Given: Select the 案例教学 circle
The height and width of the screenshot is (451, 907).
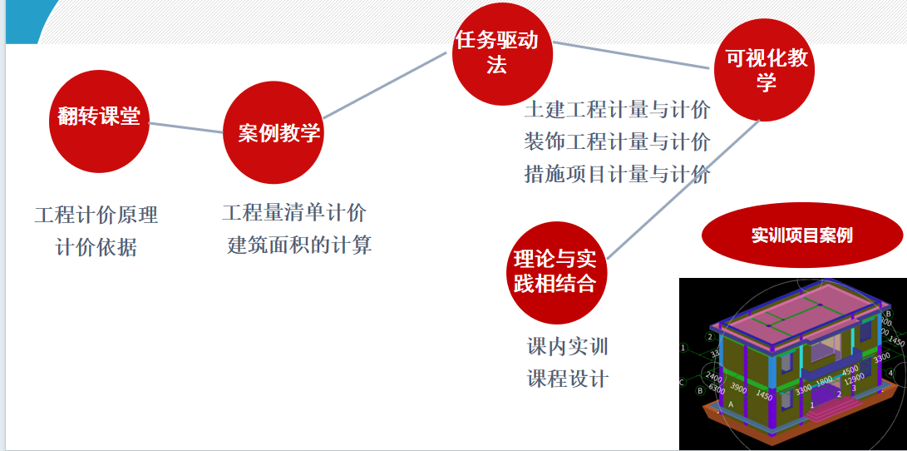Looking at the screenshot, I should pos(273,132).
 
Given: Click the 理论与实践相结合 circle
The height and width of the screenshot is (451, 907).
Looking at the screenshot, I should pos(555,272).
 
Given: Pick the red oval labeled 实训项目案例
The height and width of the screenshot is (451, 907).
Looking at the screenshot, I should pos(802,235).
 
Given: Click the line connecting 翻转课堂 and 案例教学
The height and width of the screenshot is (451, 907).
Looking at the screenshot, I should pos(186,127).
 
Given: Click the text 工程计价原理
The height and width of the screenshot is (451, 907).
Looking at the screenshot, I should pos(96,215).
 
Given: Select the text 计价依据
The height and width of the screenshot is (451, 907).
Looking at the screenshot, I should pos(96,248).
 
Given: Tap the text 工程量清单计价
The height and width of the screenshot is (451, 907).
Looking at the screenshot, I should pos(294,213).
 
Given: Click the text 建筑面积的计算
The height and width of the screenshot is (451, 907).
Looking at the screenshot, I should pos(299,245).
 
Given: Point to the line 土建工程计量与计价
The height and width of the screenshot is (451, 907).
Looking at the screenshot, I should pos(617,110).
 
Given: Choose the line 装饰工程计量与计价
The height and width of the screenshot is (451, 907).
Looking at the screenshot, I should pos(617,142).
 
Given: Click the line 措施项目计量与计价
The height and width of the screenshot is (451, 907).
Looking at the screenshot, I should pos(617,174).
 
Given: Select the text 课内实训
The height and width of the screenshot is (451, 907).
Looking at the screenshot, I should pos(568,346).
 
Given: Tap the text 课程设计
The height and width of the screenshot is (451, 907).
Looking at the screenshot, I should pos(568,379).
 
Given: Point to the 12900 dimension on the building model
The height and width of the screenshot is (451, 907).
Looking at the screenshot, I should pos(854,379).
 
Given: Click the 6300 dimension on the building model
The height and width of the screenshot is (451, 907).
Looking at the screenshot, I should pos(717,388).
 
